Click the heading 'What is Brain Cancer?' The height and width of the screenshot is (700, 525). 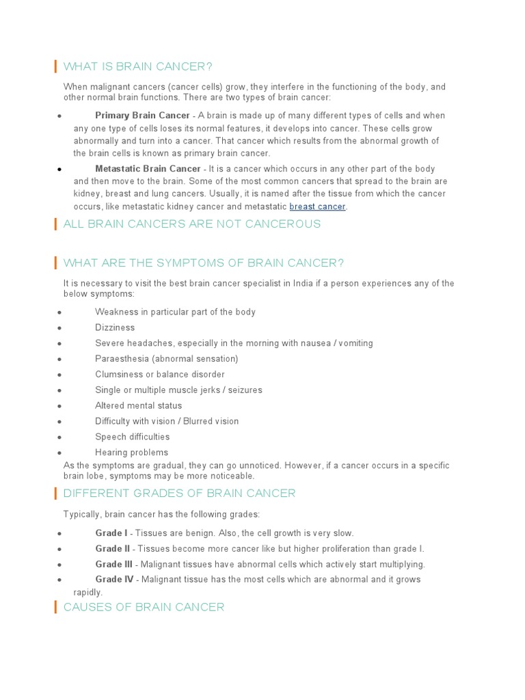pos(138,66)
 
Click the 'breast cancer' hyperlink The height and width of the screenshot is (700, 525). pos(318,206)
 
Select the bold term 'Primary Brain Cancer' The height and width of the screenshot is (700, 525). pos(142,116)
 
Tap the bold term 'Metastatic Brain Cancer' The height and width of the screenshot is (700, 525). pos(148,169)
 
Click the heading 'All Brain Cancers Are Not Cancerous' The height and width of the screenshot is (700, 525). pos(191,224)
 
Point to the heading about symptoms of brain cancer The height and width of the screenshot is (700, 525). pos(204,263)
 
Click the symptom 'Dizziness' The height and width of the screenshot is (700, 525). pos(115,327)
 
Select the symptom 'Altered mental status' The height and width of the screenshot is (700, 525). pos(138,405)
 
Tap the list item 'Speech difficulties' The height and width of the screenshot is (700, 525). pos(132,437)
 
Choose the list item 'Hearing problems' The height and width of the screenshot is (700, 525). pos(131,453)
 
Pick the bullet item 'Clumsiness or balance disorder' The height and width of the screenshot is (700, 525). pos(159,375)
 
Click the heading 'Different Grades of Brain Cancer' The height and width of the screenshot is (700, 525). pos(179,493)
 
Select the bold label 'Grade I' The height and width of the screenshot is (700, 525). pos(111,533)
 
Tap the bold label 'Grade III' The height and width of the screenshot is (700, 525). pos(114,565)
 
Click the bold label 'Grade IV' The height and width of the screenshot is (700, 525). pos(114,580)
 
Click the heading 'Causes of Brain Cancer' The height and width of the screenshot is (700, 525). pos(144,607)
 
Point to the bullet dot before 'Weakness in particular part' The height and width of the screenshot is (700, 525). pos(60,312)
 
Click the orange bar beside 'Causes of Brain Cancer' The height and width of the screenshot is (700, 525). pos(55,607)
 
